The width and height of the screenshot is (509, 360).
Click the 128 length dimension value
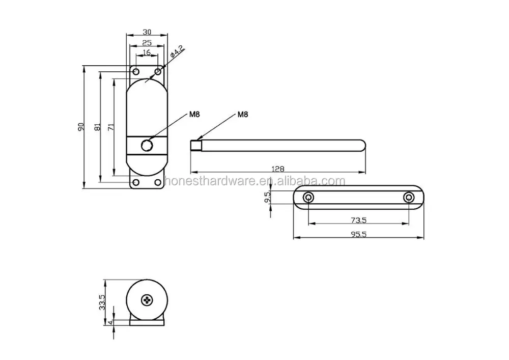click(277, 169)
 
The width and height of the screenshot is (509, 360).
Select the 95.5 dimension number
click(358, 234)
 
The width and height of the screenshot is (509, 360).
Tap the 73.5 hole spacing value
click(358, 220)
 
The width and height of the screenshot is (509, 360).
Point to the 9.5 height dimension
click(267, 198)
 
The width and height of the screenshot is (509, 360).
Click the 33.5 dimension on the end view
click(102, 302)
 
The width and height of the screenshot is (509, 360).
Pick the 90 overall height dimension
click(81, 127)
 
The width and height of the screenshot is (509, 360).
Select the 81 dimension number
click(97, 127)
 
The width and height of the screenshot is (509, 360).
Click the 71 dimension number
click(110, 127)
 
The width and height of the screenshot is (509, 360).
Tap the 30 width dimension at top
click(147, 32)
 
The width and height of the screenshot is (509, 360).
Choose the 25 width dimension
click(147, 43)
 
